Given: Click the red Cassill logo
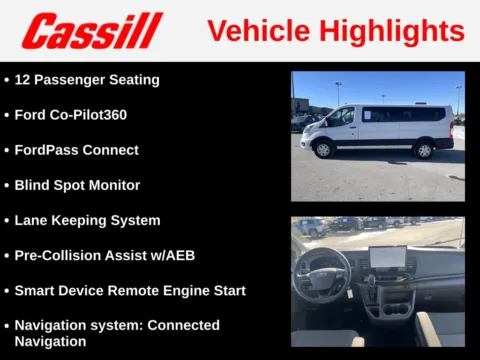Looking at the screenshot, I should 92,30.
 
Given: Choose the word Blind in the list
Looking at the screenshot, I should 32,185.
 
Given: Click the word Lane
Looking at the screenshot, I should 32,220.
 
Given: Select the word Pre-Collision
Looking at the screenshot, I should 60,255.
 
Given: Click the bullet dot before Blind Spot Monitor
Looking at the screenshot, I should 7,185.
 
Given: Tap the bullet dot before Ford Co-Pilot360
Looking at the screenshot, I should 7,115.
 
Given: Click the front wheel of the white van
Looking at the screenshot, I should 323,150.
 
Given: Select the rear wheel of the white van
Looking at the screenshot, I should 424,150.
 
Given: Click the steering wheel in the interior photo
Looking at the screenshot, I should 321,270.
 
